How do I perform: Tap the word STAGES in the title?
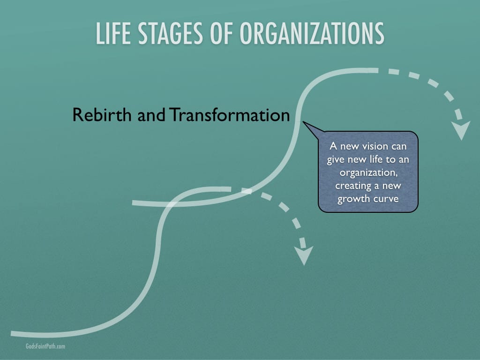[x=170, y=33]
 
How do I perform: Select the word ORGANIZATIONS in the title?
[x=312, y=33]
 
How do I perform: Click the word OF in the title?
[x=221, y=33]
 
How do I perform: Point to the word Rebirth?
[x=102, y=115]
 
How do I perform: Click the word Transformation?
[x=229, y=115]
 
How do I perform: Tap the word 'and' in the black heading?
[x=151, y=115]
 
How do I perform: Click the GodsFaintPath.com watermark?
[x=45, y=346]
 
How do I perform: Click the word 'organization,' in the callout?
[x=368, y=173]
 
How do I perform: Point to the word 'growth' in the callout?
[x=353, y=199]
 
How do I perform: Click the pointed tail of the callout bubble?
[x=303, y=122]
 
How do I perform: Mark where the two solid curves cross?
[x=171, y=204]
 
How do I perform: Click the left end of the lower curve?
[x=11, y=333]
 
